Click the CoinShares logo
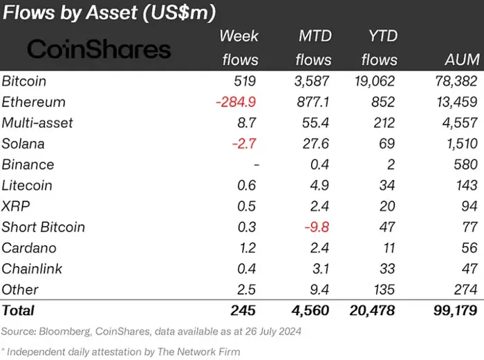coord(98,49)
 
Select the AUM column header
coord(460,59)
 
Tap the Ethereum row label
coord(34,102)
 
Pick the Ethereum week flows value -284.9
coord(236,102)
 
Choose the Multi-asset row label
coord(37,123)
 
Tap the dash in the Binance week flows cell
coord(257,164)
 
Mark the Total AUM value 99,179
coord(452,310)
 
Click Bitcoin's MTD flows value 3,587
coord(313,82)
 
